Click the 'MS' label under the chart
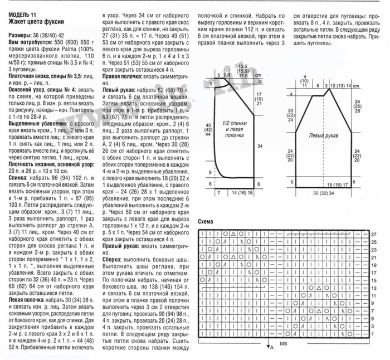[x=284, y=344]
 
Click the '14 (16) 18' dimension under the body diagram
[x=238, y=193]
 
